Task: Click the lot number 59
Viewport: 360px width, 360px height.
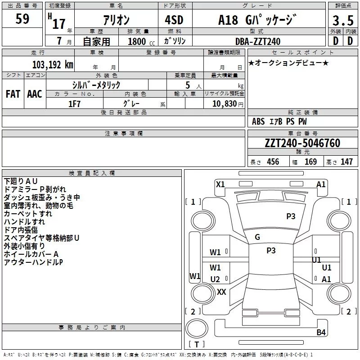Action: [22, 18]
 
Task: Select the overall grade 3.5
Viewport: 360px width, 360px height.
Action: [343, 20]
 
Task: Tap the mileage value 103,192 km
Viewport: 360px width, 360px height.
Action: [53, 65]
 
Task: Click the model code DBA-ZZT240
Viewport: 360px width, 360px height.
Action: [258, 41]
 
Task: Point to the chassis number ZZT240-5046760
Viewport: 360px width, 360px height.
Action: [302, 143]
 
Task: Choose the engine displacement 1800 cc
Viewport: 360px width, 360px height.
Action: [141, 41]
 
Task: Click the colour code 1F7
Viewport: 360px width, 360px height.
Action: [74, 104]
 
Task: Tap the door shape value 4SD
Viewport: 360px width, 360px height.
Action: [174, 20]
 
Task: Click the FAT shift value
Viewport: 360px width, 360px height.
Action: [13, 94]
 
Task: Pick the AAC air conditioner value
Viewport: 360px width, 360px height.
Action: [35, 94]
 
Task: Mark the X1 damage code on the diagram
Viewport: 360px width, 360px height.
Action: [220, 184]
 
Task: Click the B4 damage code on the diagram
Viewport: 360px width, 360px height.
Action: [321, 332]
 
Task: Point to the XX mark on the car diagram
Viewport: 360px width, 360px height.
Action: [221, 292]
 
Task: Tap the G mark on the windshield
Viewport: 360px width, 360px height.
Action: [257, 237]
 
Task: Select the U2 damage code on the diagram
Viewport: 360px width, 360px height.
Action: [215, 279]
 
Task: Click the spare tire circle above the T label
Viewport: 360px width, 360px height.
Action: [197, 328]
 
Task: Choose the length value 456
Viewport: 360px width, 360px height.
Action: [273, 162]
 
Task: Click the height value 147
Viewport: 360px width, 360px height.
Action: [346, 162]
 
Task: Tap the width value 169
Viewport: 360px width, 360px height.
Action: [310, 162]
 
